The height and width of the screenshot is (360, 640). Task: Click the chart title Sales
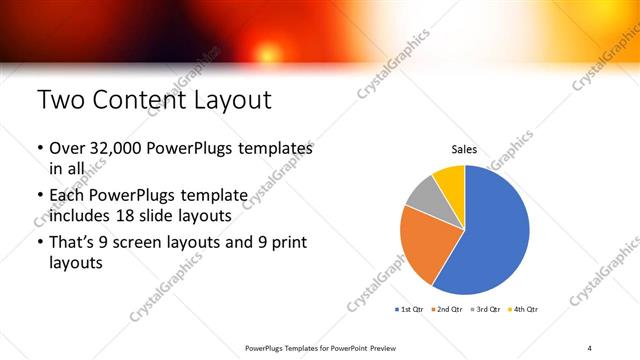[x=464, y=150]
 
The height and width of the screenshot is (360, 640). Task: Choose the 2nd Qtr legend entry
[x=449, y=309]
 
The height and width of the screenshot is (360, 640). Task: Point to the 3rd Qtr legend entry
[x=486, y=309]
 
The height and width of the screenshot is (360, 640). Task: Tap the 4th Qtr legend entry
[x=523, y=309]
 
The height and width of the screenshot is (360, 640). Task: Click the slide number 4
[x=590, y=347]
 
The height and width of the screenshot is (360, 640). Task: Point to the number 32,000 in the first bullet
[x=117, y=147]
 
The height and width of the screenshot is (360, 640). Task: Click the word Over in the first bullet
[x=66, y=147]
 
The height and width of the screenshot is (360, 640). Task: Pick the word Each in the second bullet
[x=67, y=193]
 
